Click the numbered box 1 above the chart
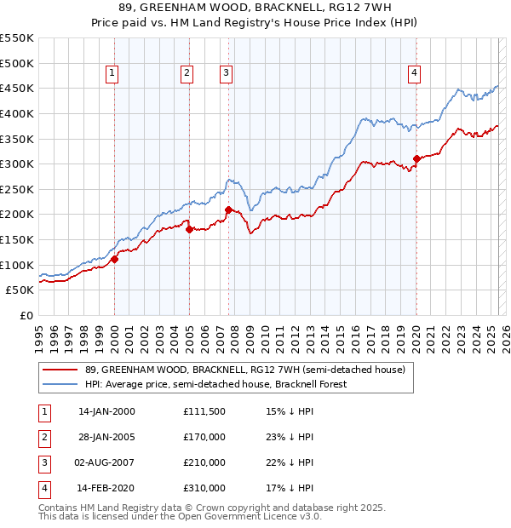(x=112, y=74)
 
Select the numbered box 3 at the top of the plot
(x=227, y=74)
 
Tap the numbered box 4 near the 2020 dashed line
(x=414, y=74)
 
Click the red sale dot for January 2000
(x=114, y=260)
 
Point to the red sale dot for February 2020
(x=416, y=158)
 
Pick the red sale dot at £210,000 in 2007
(x=228, y=209)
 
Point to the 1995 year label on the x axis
(x=38, y=332)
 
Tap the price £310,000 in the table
(x=204, y=488)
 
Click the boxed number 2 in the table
(x=42, y=437)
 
